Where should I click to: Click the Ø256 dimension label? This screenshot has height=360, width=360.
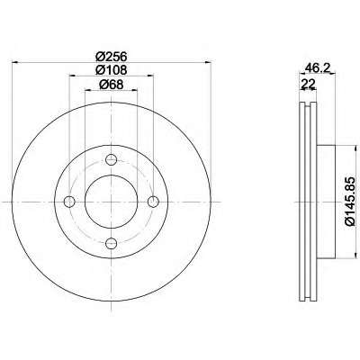point(112,56)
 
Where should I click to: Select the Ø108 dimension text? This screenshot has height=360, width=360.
point(112,70)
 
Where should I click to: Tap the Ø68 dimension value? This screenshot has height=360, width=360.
point(112,85)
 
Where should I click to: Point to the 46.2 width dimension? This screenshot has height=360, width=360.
point(317,68)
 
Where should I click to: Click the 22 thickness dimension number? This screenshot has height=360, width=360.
point(309,85)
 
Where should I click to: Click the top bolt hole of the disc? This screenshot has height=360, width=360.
point(112,159)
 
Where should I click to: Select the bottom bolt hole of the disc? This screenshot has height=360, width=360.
point(112,243)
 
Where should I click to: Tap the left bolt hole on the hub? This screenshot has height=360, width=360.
point(69,202)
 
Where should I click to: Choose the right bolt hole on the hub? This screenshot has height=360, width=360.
point(153,202)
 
